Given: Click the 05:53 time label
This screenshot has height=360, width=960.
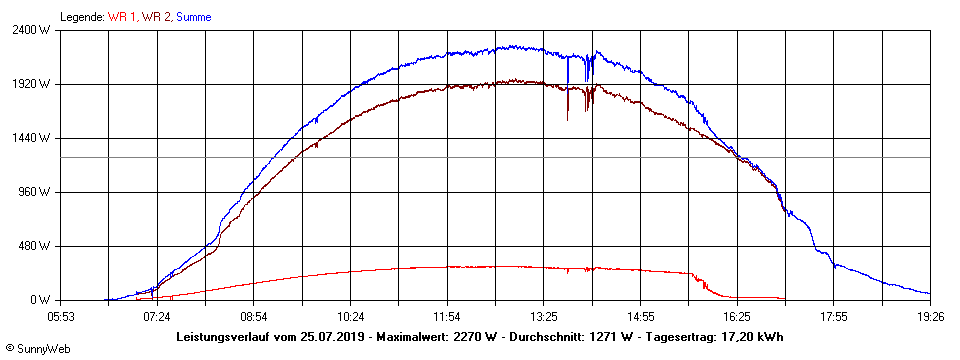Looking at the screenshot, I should (x=61, y=316).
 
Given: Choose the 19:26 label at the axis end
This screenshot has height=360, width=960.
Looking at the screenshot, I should (x=930, y=316).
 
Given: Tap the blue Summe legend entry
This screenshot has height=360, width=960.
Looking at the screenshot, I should (x=194, y=17).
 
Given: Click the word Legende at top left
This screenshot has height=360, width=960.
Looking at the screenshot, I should (x=81, y=17).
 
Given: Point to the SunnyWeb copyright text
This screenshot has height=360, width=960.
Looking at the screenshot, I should (x=38, y=348).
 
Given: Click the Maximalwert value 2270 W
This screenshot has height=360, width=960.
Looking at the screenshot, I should (x=477, y=337).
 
